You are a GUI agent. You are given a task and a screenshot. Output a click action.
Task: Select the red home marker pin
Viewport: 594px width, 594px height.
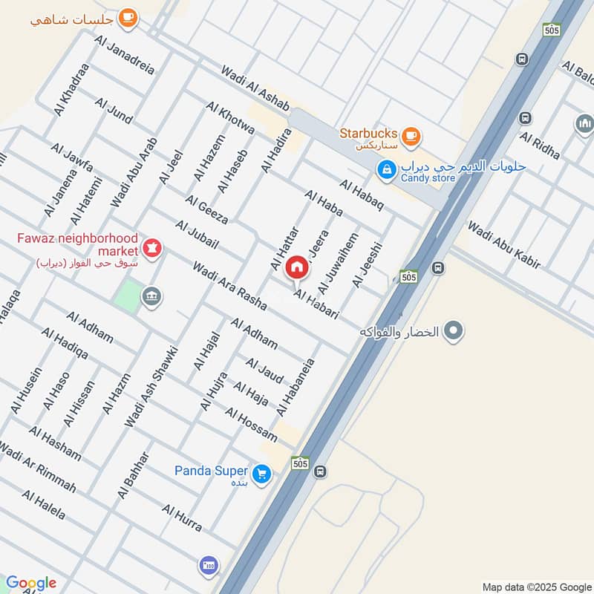[297, 268]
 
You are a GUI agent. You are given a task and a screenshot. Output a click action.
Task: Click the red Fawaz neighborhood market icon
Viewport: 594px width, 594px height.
[152, 247]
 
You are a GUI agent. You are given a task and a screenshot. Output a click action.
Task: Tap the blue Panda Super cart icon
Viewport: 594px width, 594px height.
[261, 472]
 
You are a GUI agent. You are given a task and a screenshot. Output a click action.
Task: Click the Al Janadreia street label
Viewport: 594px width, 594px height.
[125, 54]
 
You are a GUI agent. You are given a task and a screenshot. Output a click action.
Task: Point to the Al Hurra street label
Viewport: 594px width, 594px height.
[182, 518]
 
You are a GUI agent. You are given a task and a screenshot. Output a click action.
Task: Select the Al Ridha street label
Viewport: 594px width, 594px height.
[540, 148]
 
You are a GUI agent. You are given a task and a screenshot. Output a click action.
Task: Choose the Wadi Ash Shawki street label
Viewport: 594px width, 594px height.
[151, 386]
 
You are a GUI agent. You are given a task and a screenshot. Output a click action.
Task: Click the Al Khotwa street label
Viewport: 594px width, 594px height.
[232, 117]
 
